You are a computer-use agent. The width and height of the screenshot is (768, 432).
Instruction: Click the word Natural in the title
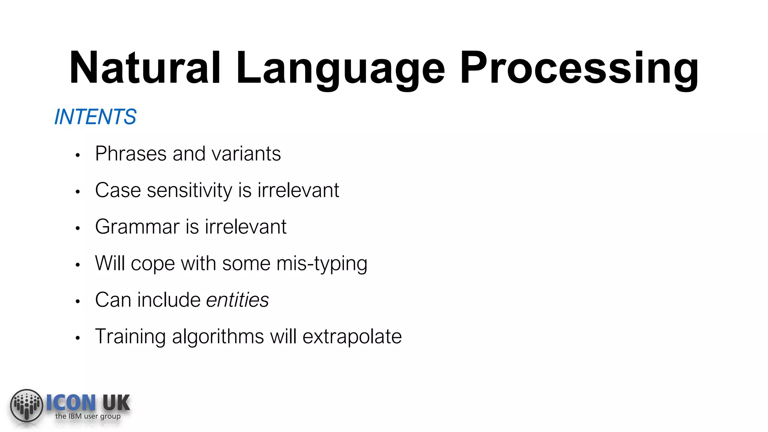pos(144,68)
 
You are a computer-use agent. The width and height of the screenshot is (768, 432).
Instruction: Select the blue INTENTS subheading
pos(95,117)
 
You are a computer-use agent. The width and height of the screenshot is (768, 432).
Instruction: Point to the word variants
pos(246,154)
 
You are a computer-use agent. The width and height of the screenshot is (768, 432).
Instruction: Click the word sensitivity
pos(190,190)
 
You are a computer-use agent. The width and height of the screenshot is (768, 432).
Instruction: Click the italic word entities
pos(237,300)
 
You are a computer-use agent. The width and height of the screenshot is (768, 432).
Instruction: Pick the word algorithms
pos(218,336)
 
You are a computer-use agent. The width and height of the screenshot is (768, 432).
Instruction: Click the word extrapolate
pos(352,337)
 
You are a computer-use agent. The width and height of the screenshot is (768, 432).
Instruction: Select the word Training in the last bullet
pos(130,337)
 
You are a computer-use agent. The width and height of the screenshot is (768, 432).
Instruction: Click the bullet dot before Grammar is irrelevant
pos(78,228)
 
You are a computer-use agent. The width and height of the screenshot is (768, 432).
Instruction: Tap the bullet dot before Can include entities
pos(78,301)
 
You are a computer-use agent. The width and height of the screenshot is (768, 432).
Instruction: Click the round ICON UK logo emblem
pos(27,405)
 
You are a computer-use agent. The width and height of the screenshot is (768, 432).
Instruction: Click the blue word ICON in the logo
pos(71,403)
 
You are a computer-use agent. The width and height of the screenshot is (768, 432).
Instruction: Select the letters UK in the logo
pos(116,403)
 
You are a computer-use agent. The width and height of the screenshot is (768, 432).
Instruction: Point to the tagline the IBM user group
pos(88,416)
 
